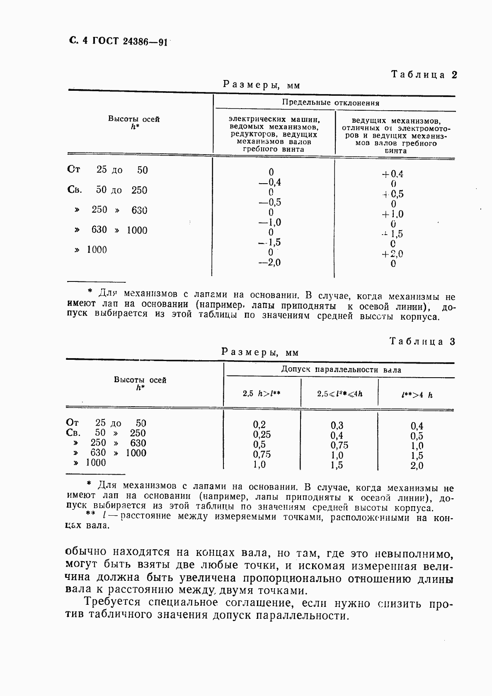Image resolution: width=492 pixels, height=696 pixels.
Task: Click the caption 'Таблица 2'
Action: (423, 75)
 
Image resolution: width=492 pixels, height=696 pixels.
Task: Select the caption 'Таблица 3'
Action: (422, 342)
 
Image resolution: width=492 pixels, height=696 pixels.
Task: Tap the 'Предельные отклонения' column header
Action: (330, 103)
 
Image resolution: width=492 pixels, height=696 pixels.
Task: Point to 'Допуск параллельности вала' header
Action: (341, 370)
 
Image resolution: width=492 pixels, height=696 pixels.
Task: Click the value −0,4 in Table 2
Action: (269, 182)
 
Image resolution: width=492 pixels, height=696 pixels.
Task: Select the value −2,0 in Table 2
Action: (269, 262)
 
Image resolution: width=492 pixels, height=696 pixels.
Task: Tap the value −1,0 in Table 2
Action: (269, 223)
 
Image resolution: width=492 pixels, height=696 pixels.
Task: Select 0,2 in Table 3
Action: (259, 424)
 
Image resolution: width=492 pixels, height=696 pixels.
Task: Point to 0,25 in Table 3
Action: (262, 434)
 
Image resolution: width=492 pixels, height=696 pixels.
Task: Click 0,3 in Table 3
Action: (337, 425)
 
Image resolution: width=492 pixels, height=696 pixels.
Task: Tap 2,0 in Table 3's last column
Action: (417, 466)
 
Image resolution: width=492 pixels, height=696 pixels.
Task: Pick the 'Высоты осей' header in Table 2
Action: (134, 119)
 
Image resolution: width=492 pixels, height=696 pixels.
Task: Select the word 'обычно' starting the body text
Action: (86, 552)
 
